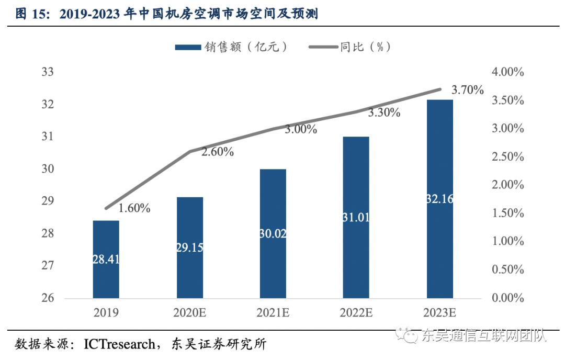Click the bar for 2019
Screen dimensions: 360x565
click(106, 259)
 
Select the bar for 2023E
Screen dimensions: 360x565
click(439, 199)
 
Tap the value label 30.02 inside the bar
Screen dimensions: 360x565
click(273, 234)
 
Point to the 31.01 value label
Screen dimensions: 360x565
click(356, 217)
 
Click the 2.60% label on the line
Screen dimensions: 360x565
click(217, 152)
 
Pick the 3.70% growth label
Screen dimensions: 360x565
click(467, 90)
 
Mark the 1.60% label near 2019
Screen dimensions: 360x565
click(134, 208)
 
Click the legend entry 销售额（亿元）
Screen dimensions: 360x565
click(231, 47)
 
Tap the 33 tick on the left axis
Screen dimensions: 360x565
click(48, 72)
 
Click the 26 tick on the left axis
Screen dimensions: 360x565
click(48, 298)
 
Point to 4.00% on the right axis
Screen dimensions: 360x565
click(507, 72)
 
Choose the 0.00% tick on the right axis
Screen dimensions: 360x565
click(507, 298)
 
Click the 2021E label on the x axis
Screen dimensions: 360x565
click(273, 313)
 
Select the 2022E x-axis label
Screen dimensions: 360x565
click(356, 313)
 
